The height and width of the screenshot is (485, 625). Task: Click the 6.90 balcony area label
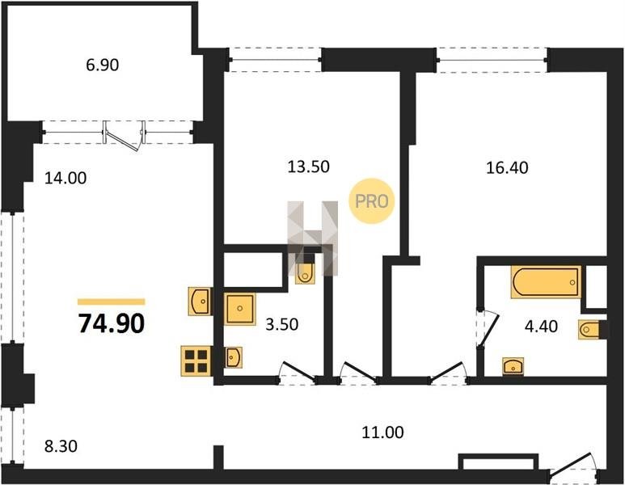point(103,65)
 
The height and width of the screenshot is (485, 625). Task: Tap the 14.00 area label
point(65,178)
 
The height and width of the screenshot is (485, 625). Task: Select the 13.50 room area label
point(309,167)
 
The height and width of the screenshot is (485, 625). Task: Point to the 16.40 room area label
point(507,168)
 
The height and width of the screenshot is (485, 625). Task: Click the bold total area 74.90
point(112,323)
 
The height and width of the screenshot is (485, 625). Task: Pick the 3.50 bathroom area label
point(282,324)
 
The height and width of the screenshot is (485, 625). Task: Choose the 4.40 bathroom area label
point(541,327)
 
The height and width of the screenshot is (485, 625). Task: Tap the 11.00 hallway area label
point(382,432)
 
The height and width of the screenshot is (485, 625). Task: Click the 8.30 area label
point(61,446)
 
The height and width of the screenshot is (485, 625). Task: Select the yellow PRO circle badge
point(371,200)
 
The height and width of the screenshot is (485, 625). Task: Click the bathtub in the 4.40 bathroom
point(546,282)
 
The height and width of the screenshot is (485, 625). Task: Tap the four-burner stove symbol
point(196,361)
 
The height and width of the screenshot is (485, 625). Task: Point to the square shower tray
point(239,308)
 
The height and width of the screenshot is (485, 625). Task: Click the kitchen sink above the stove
point(200,302)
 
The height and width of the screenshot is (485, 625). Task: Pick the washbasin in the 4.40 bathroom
point(513,366)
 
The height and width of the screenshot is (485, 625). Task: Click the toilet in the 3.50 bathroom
point(305,273)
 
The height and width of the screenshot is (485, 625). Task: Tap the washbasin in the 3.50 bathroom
point(233,357)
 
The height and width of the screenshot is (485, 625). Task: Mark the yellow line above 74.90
point(112,302)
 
